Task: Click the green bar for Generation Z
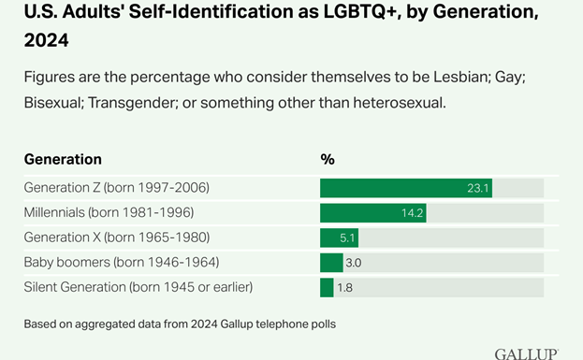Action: pyautogui.click(x=405, y=188)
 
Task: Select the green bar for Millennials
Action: pyautogui.click(x=372, y=212)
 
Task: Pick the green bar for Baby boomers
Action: pyautogui.click(x=331, y=262)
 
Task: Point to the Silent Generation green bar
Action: pyautogui.click(x=327, y=287)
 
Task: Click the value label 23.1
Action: pyautogui.click(x=478, y=188)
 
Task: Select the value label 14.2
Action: pyautogui.click(x=413, y=213)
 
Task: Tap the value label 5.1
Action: pyautogui.click(x=347, y=238)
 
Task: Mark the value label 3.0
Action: pyautogui.click(x=354, y=263)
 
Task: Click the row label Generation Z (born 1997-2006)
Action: pyautogui.click(x=116, y=188)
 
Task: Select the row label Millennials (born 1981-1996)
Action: pyautogui.click(x=109, y=213)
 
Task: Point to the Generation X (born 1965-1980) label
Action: pyautogui.click(x=116, y=238)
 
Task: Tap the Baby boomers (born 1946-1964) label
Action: pyautogui.click(x=121, y=263)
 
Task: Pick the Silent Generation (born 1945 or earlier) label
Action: pyautogui.click(x=138, y=287)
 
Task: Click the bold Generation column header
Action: pyautogui.click(x=63, y=159)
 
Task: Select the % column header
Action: pyautogui.click(x=328, y=159)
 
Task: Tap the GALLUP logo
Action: pyautogui.click(x=526, y=353)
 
